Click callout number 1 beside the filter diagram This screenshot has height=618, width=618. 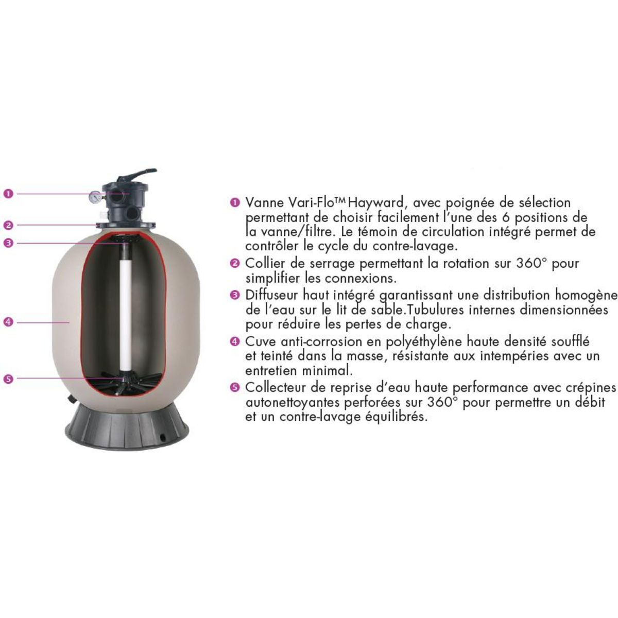[x=8, y=194]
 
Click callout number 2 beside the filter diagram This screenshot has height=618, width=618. [x=8, y=225]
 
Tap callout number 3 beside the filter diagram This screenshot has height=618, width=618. [x=8, y=243]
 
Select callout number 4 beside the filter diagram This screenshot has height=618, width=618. [x=8, y=322]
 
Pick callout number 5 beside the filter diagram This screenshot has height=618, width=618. [x=8, y=379]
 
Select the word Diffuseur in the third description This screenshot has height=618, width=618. [x=272, y=296]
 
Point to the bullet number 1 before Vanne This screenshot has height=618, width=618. [x=235, y=203]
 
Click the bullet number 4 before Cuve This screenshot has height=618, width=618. [x=235, y=341]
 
